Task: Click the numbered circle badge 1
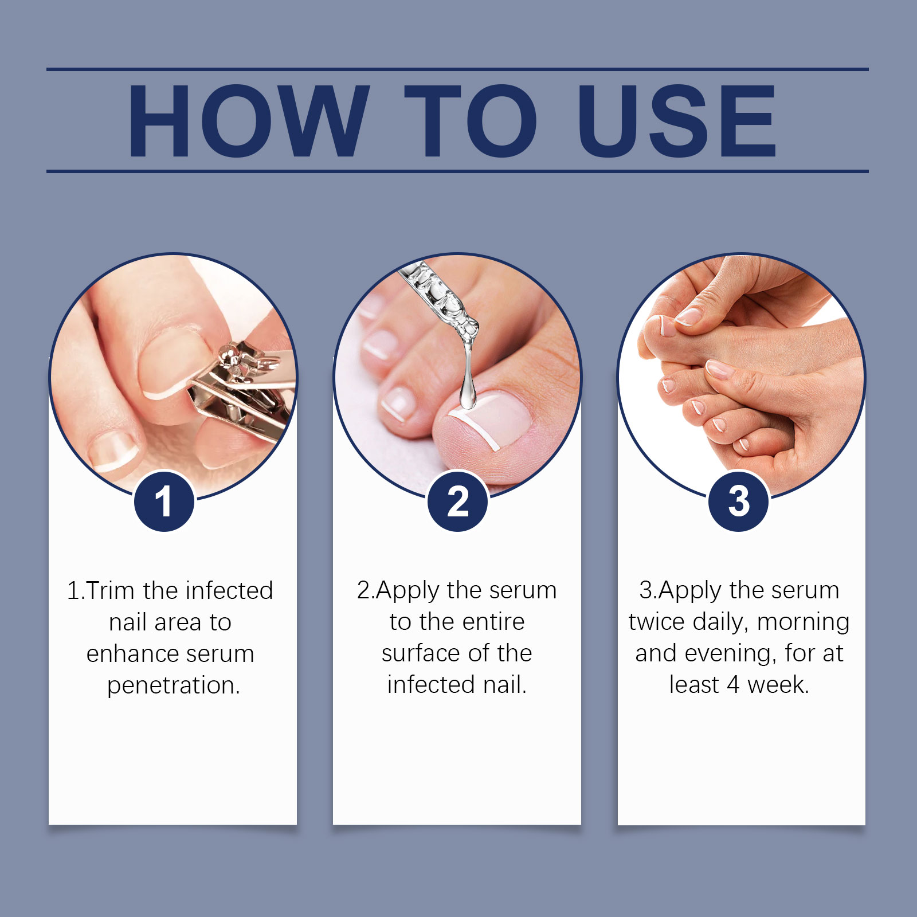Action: (x=164, y=501)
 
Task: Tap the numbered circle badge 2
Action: (x=457, y=501)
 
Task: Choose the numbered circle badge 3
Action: (x=739, y=501)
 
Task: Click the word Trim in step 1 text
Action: (x=111, y=591)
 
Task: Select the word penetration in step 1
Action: (x=173, y=685)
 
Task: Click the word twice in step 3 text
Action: (x=657, y=622)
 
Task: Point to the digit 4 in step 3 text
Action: (x=733, y=685)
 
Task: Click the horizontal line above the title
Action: (x=457, y=69)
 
